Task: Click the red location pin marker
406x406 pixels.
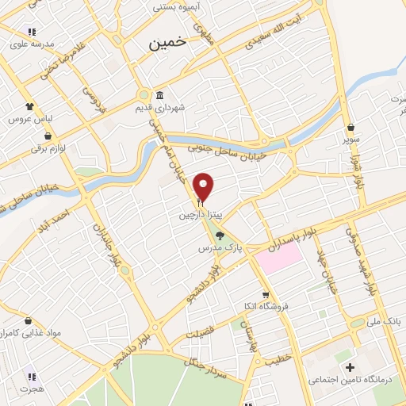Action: (204, 186)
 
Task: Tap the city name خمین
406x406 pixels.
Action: (168, 44)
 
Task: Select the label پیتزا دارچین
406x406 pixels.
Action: (196, 215)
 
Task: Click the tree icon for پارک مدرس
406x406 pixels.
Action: (220, 236)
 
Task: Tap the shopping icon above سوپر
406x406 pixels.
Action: (350, 127)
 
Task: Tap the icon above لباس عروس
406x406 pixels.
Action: (29, 105)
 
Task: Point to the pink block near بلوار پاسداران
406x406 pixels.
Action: (278, 259)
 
